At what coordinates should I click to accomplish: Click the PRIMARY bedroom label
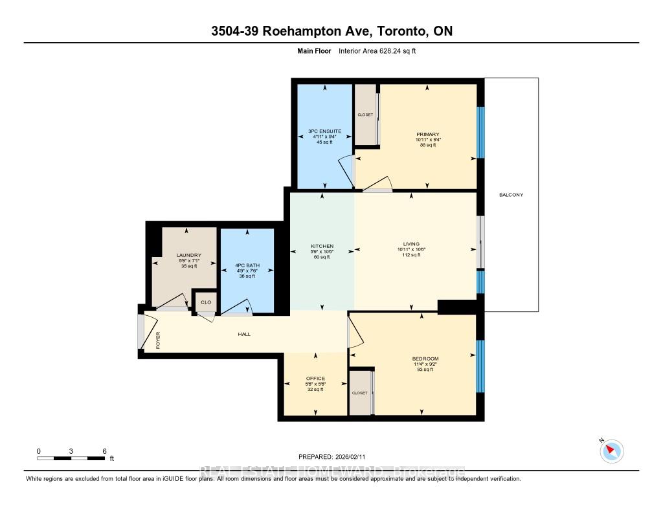tap(428, 134)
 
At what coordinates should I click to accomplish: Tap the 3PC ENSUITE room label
tap(324, 131)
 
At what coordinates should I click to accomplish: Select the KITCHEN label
tap(322, 246)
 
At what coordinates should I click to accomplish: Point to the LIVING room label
tap(412, 243)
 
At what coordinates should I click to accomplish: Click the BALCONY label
tap(511, 195)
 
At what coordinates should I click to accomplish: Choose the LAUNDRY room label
tap(189, 255)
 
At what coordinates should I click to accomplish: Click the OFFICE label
tap(315, 379)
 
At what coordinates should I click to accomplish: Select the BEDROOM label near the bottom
tap(425, 359)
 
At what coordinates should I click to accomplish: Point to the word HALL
tap(243, 334)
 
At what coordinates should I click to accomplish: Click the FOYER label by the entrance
tap(157, 340)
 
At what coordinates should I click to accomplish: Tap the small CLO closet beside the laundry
tap(206, 302)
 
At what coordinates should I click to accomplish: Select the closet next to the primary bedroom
tap(365, 115)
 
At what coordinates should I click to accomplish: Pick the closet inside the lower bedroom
tap(360, 393)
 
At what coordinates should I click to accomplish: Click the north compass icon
tap(612, 451)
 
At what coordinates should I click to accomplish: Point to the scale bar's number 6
tap(104, 451)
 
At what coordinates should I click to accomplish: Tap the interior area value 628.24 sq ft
tap(391, 50)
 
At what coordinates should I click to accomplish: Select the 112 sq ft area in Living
tap(412, 254)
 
